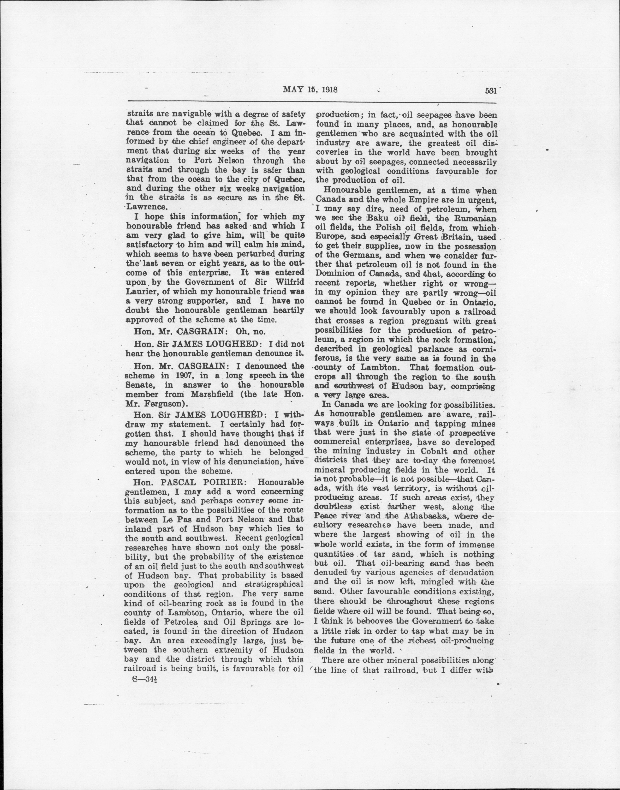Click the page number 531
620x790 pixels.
tap(490, 91)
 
